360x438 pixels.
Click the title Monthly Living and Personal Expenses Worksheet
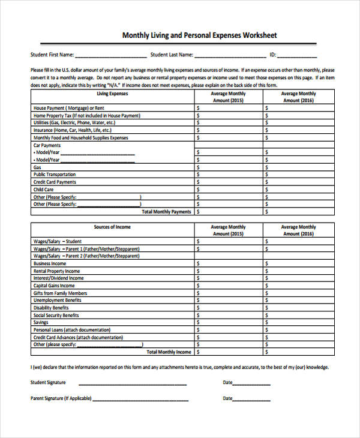pos(199,35)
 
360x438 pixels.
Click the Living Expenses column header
pos(112,94)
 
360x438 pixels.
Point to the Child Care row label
pos(43,190)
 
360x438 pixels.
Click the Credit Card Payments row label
pos(55,182)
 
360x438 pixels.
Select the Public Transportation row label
pos(55,175)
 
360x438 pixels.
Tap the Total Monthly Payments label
pos(166,212)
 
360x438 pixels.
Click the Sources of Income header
pos(112,227)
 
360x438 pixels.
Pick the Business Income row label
pos(50,263)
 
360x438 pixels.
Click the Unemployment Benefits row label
pos(57,301)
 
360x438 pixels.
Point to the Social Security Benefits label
pos(56,316)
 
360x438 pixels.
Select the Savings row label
pos(41,323)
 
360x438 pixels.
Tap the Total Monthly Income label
pos(169,352)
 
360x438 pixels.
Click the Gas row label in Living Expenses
pos(37,167)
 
